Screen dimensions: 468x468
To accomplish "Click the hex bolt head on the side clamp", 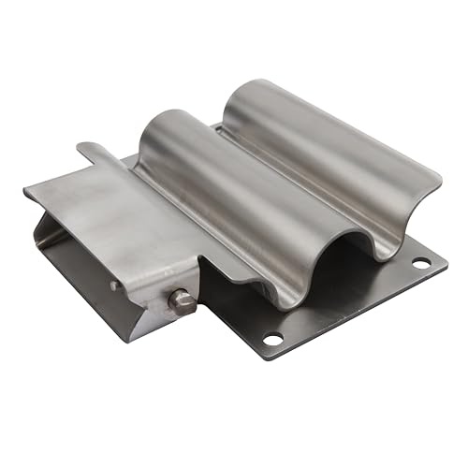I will tap(181, 301).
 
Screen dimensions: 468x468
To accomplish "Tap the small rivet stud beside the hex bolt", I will tap(114, 286).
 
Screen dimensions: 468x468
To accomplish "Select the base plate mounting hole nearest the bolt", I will tap(272, 337).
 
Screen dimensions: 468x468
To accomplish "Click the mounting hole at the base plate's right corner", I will tap(420, 262).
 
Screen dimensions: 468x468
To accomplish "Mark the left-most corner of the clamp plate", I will tap(25, 192).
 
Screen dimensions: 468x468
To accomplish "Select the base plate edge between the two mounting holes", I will tap(346, 304).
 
